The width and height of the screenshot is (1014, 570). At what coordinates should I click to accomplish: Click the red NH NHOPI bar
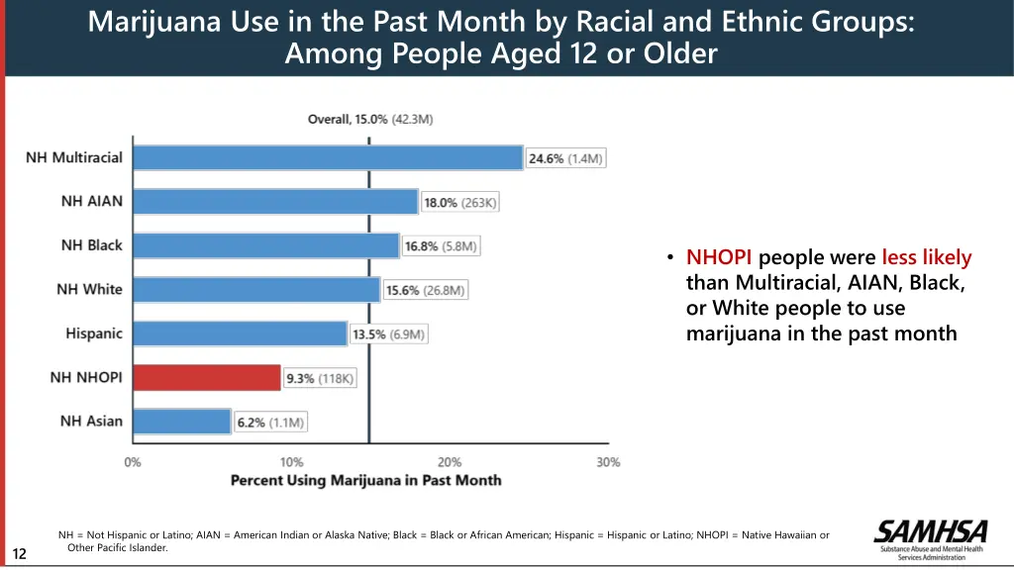207,377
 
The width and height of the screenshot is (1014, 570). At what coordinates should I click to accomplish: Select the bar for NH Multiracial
328,157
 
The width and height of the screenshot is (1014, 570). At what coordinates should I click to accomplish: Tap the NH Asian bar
182,422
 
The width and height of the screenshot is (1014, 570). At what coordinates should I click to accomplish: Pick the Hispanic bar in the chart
240,333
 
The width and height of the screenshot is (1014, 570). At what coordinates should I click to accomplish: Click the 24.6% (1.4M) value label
565,158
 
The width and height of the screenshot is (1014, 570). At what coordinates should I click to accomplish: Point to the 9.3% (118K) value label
320,378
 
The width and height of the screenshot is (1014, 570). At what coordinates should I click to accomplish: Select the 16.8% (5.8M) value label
441,245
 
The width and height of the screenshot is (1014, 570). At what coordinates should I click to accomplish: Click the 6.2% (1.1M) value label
270,423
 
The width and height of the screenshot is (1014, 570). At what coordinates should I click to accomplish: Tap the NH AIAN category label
92,201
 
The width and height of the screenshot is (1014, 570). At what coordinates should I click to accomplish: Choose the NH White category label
89,289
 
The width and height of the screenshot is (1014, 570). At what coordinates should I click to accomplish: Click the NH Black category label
92,245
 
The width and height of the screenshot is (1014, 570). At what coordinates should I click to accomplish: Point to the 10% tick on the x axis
291,462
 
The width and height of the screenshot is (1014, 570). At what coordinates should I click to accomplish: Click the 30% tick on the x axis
608,462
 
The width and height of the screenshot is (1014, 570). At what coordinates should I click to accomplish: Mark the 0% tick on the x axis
133,462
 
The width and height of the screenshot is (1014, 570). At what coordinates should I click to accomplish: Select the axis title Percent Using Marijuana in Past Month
365,481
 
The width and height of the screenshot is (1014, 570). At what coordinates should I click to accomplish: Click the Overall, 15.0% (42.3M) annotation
369,120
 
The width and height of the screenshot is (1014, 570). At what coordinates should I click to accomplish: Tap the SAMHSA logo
928,539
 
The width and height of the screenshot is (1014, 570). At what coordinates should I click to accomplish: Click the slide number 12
20,553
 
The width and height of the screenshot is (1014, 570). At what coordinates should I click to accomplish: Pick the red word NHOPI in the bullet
719,258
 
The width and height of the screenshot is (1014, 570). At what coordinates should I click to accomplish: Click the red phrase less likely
927,258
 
